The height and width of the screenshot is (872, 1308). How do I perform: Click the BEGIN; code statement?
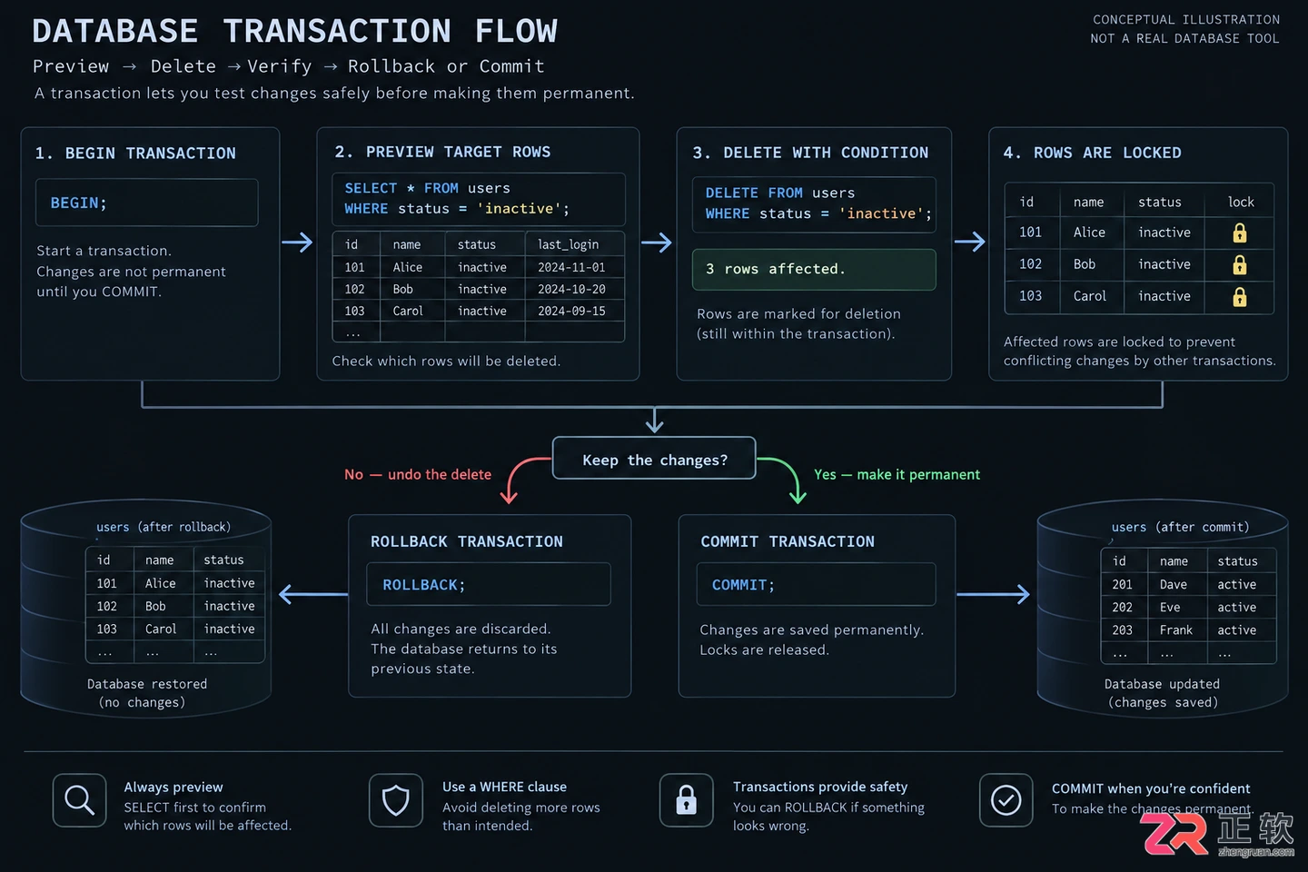point(78,203)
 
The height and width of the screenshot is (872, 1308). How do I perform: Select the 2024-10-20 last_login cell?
point(571,289)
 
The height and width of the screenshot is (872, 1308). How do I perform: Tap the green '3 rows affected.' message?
point(814,269)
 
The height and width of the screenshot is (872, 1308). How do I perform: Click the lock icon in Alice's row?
point(1239,233)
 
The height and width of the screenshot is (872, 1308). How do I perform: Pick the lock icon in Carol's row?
point(1239,297)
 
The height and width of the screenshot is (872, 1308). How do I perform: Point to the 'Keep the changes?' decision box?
point(654,459)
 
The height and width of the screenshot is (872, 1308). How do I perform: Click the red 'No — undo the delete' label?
point(418,474)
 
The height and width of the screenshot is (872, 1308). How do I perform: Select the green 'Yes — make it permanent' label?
point(897,474)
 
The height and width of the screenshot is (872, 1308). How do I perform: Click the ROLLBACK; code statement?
point(424,585)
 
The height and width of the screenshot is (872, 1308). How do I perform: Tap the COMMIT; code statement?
point(743,585)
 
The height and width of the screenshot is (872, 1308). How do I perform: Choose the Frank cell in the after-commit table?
point(1175,629)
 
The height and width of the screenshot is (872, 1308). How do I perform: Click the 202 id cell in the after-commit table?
point(1122,607)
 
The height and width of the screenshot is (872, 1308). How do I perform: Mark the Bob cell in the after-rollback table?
point(155,606)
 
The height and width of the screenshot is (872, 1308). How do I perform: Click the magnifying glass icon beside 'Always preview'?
point(79,800)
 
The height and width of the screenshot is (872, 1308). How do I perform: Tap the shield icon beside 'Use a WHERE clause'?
point(395,800)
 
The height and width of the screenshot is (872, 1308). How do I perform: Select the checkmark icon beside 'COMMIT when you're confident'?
point(1006,800)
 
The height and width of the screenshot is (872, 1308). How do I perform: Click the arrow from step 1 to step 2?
point(297,242)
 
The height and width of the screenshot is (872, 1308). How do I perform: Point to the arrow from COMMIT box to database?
point(993,595)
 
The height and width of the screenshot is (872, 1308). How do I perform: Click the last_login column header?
point(568,244)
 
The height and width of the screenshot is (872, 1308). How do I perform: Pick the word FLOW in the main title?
point(516,31)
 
